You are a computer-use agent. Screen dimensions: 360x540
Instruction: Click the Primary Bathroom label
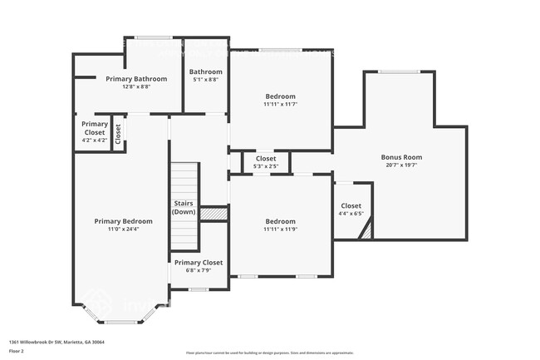[x=136, y=79]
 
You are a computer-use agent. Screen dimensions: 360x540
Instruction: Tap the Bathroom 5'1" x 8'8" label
[x=205, y=72]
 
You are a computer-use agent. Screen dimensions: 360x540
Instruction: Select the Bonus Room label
[x=401, y=157]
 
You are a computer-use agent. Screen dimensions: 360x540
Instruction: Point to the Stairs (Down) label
[x=184, y=208]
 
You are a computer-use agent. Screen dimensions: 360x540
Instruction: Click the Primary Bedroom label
[x=123, y=221]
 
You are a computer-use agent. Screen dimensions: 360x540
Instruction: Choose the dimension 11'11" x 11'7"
[x=280, y=104]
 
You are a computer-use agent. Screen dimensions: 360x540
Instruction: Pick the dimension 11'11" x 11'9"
[x=280, y=229]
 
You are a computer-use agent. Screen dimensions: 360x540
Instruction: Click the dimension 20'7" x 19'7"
[x=401, y=165]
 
